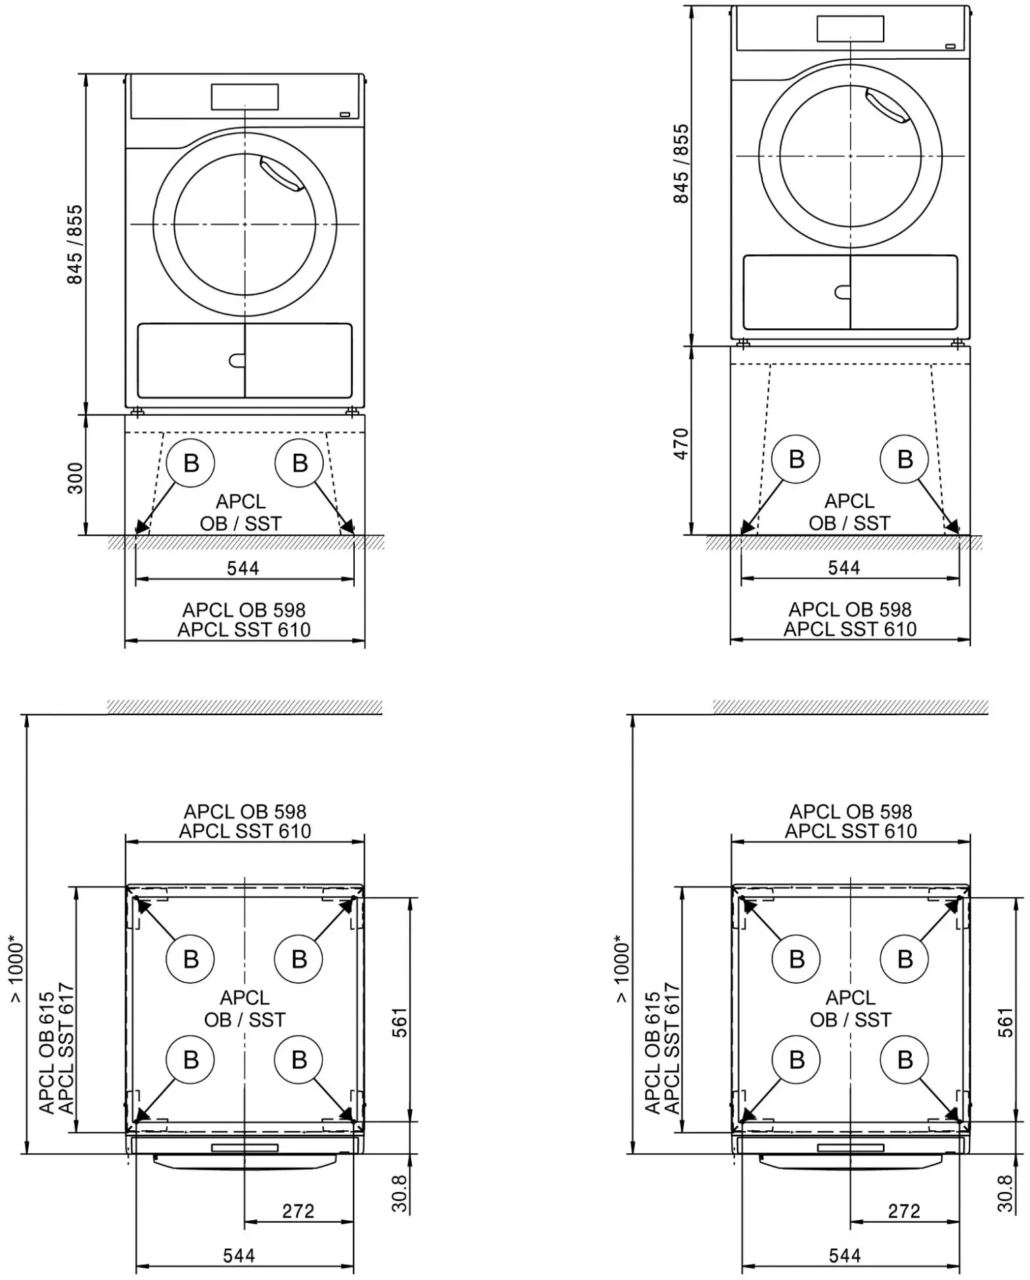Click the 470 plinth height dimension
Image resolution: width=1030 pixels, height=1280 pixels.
tap(681, 443)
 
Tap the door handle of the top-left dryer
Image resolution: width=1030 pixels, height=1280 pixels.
tap(281, 173)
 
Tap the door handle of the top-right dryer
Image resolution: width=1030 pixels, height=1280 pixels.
tap(887, 106)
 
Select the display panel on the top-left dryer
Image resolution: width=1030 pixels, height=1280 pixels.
tap(244, 97)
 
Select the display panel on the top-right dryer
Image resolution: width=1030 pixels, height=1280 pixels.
tap(850, 29)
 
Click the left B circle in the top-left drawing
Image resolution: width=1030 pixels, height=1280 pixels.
tap(191, 463)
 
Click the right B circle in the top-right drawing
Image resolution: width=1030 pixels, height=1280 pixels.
tap(905, 459)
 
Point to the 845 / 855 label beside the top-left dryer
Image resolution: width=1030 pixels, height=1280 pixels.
tap(75, 244)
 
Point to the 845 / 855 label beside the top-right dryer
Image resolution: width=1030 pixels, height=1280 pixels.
tap(681, 164)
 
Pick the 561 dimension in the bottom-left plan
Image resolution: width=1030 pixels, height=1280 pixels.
tap(399, 1022)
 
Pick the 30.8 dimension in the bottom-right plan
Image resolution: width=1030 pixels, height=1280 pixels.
tap(1005, 1193)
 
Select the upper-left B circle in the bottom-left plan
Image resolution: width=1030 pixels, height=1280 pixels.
tap(191, 959)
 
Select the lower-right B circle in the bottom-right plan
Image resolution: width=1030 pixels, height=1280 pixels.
tap(905, 1059)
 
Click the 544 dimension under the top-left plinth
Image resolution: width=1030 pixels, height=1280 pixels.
tap(243, 568)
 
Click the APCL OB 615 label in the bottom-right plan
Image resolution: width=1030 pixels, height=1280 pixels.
tap(652, 1053)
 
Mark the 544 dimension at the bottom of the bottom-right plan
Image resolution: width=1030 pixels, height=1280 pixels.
tap(845, 1255)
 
